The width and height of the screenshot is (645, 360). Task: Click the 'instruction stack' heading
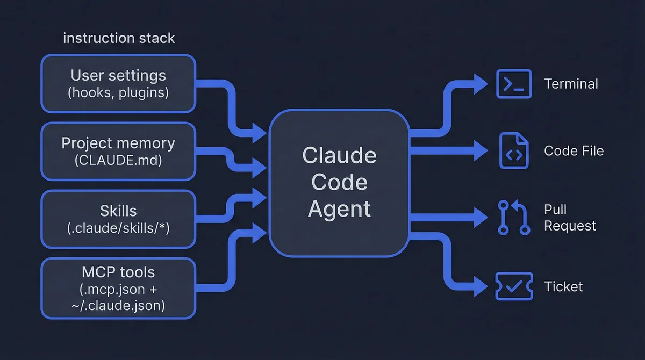click(x=119, y=38)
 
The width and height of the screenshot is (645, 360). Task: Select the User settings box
click(x=118, y=83)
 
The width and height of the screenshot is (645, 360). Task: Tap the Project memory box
click(x=118, y=151)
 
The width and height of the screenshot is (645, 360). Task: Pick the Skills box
click(x=118, y=219)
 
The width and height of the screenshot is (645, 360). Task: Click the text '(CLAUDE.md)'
click(x=118, y=160)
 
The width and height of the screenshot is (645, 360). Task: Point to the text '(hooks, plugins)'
click(x=118, y=92)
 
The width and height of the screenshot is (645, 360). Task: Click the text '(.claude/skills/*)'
click(x=118, y=227)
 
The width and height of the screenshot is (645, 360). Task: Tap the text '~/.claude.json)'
click(x=118, y=306)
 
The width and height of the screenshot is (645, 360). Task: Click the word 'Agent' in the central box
click(x=339, y=208)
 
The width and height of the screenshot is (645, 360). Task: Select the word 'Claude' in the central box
click(x=339, y=156)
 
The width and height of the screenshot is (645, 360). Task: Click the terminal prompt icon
click(x=514, y=84)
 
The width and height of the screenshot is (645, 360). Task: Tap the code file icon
click(x=514, y=151)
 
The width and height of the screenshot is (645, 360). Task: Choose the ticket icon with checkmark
click(x=514, y=286)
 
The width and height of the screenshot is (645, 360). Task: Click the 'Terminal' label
click(x=571, y=84)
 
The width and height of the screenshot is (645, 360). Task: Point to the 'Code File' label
click(x=574, y=151)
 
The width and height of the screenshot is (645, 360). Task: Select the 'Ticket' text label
click(x=563, y=286)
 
